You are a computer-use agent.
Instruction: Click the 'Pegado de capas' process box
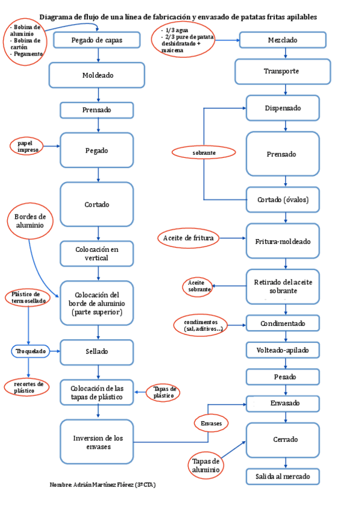click(x=96, y=40)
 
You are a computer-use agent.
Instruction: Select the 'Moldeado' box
click(x=96, y=75)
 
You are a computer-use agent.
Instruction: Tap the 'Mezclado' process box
click(x=282, y=40)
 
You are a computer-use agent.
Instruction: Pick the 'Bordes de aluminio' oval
click(x=30, y=221)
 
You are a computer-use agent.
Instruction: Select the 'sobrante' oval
click(x=204, y=153)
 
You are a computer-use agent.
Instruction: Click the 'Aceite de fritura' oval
click(x=188, y=238)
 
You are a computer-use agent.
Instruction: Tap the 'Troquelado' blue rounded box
click(x=30, y=351)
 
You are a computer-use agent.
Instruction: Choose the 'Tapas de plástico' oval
click(x=163, y=392)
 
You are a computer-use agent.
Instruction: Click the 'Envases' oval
click(x=211, y=424)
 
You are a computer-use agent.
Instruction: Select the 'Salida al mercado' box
click(x=282, y=476)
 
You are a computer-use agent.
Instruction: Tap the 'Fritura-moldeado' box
click(x=282, y=241)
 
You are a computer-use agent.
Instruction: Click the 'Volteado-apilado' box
click(x=282, y=350)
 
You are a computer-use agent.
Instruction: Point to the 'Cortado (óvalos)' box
click(x=282, y=200)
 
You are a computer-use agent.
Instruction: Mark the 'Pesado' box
click(x=282, y=377)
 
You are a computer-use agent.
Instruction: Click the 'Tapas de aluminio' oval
click(x=204, y=465)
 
